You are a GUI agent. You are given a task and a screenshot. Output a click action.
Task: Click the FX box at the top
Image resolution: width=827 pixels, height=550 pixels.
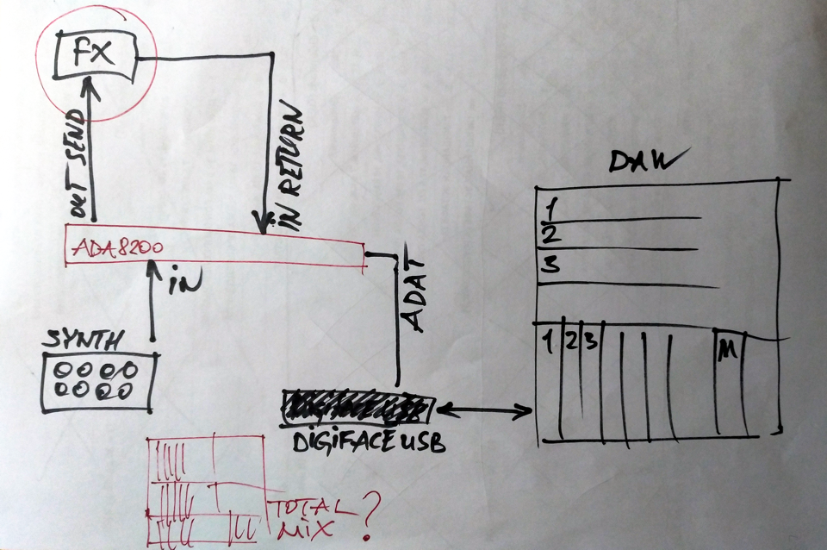[92, 53]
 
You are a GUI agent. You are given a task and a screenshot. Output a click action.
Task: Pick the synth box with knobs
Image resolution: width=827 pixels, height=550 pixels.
[97, 380]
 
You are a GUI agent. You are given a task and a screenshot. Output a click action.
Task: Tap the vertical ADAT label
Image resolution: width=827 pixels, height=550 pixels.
[414, 293]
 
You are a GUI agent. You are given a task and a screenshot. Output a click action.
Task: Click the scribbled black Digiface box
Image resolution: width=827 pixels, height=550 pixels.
[358, 408]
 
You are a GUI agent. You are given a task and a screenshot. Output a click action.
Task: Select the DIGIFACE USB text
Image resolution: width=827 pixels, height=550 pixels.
[369, 442]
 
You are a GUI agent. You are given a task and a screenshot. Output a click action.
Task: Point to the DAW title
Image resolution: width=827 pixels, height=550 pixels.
[644, 161]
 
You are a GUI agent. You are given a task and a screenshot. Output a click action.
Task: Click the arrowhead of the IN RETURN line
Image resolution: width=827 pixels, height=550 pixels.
[258, 221]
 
